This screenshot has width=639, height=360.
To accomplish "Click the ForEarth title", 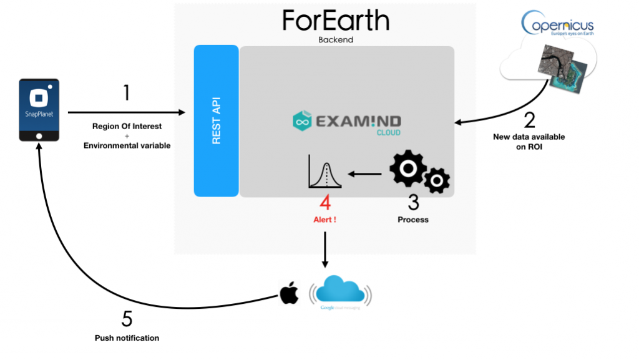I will [336, 20].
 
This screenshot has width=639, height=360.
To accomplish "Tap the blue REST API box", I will [216, 120].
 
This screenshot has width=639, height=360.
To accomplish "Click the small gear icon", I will [437, 180].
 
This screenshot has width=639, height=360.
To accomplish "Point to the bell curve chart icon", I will [325, 172].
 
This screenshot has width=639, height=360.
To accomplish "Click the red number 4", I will [324, 203].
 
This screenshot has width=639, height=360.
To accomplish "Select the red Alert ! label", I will [325, 220].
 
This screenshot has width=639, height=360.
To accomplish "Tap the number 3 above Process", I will [412, 203].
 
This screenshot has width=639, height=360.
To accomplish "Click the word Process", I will [413, 220].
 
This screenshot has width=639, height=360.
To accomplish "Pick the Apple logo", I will [289, 292].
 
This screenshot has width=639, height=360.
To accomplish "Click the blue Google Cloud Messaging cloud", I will [340, 290].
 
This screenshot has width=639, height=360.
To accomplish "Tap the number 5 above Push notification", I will [127, 319].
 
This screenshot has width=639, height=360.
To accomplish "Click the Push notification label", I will [127, 338].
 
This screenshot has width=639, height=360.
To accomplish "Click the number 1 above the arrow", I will [127, 94].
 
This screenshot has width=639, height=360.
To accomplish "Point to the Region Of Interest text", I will [127, 126].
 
